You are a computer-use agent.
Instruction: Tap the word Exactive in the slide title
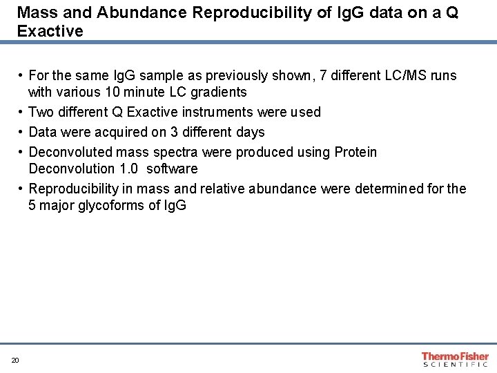[x=50, y=31]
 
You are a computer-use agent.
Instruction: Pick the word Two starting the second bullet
[x=41, y=112]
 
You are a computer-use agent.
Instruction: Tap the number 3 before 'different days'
[x=174, y=132]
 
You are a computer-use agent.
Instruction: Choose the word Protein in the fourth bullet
[x=355, y=152]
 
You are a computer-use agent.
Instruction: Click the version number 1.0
[x=130, y=169]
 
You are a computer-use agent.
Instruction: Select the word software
[x=173, y=169]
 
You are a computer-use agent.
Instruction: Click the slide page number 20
[x=14, y=360]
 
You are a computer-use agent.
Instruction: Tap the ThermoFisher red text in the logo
[x=455, y=356]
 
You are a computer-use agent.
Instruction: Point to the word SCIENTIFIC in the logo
[x=455, y=364]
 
